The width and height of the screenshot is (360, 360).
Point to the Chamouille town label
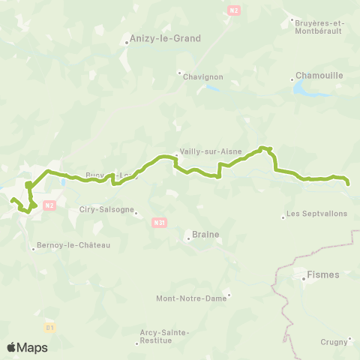(319, 75)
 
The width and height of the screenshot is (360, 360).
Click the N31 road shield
(158, 222)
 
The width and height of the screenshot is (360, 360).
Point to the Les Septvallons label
(318, 214)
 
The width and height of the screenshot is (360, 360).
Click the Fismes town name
(323, 274)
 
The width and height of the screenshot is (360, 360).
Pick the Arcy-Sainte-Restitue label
(165, 336)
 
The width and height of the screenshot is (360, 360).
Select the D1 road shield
(50, 327)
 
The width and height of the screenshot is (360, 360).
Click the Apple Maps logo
(27, 347)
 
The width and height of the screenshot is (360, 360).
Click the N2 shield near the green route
(49, 204)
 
